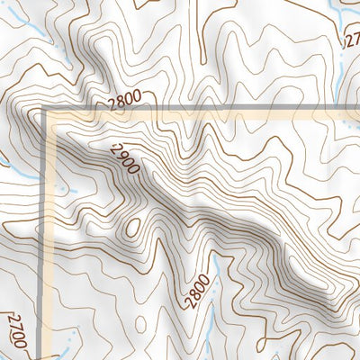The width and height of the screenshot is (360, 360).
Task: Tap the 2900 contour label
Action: click(x=126, y=159)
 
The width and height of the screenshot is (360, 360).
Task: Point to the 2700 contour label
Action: click(x=16, y=331)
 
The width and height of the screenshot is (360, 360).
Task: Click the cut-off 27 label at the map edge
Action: click(x=352, y=40)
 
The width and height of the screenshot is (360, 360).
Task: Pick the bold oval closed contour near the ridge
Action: click(x=133, y=227)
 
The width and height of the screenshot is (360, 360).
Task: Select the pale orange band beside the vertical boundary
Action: click(x=53, y=234)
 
